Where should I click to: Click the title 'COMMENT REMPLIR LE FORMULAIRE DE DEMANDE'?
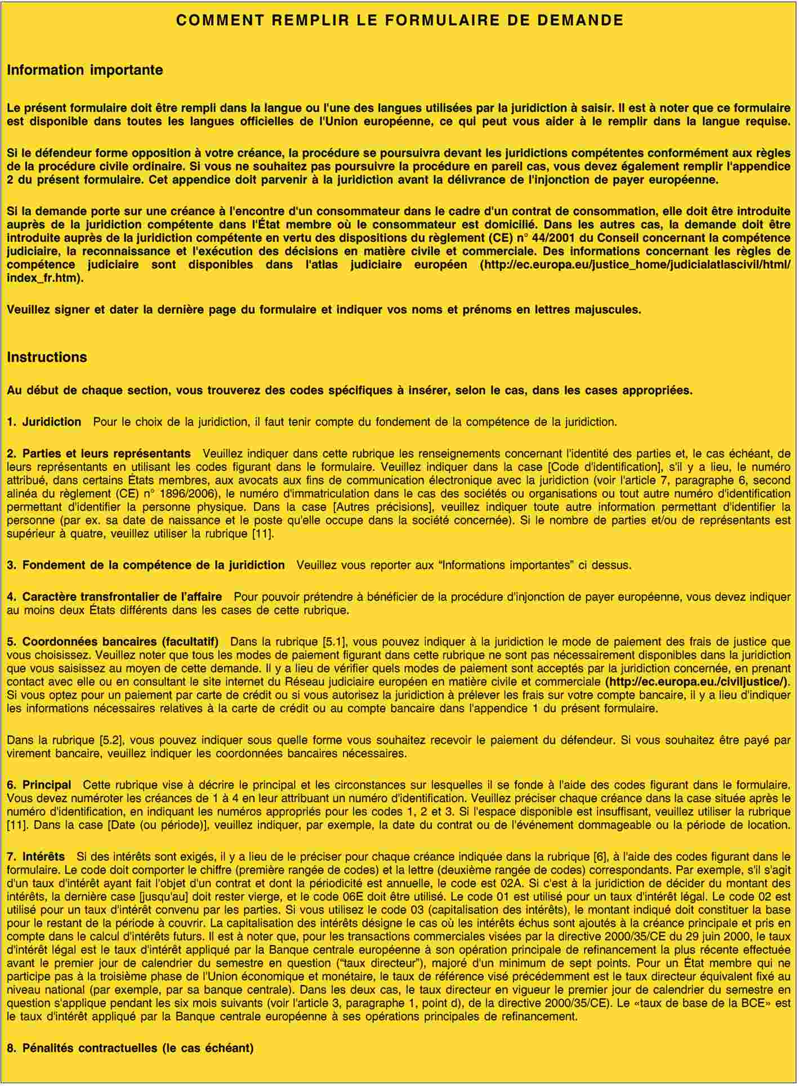(399, 20)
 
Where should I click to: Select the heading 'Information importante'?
(84, 70)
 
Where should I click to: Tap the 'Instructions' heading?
(47, 357)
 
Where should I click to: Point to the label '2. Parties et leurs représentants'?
(99, 453)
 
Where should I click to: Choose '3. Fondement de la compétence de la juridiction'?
(146, 564)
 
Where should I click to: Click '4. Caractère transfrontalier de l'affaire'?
(114, 596)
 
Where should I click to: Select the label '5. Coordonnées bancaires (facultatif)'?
(113, 641)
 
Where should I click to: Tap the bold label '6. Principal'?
(39, 784)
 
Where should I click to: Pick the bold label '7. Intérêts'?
(36, 856)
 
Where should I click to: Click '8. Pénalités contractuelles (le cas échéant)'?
(130, 1048)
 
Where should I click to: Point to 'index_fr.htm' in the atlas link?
(41, 278)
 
